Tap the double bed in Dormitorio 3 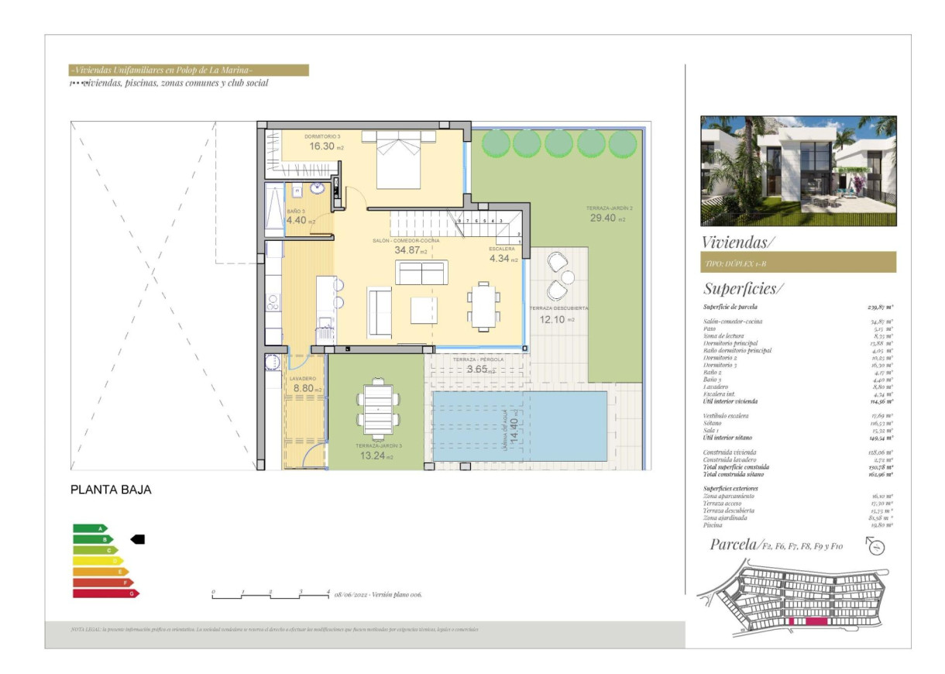(398, 158)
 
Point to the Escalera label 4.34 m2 (503, 259)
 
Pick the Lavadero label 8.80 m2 (305, 388)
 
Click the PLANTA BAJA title (111, 490)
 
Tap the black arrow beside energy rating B (137, 539)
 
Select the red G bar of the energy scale (105, 593)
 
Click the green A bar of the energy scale (90, 528)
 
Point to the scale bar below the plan (270, 596)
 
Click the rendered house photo (798, 171)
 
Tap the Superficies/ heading (743, 289)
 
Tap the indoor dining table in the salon (481, 305)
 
